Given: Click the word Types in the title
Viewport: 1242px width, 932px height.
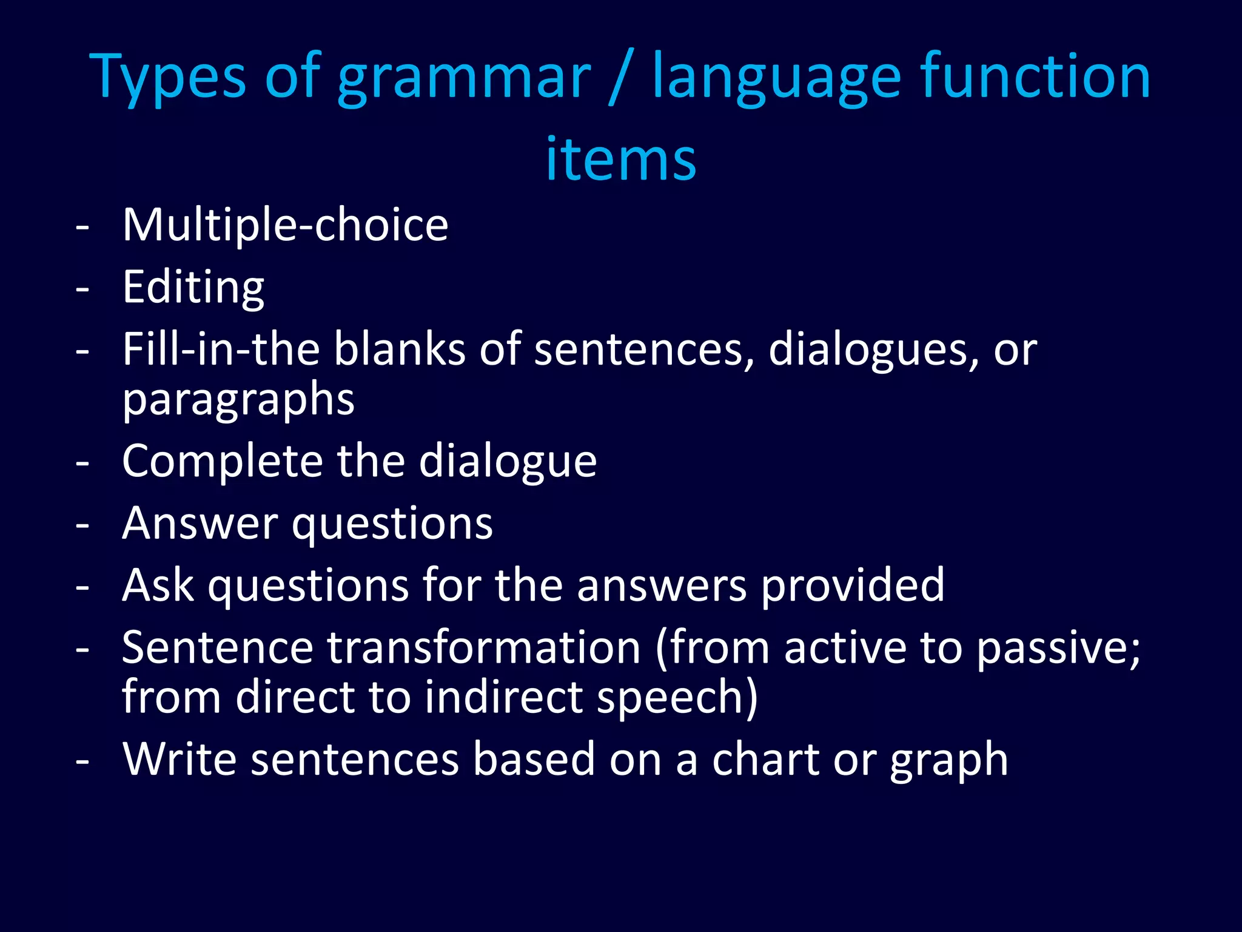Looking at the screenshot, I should [x=167, y=78].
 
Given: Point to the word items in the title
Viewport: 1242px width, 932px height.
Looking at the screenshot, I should [x=620, y=159].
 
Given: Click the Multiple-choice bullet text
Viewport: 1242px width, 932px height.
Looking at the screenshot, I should [x=285, y=225].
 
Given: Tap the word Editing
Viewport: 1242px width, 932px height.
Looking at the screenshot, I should [x=193, y=288].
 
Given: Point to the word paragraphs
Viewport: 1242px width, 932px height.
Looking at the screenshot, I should [x=238, y=400].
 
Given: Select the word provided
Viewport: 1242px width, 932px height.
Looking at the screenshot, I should [x=852, y=586].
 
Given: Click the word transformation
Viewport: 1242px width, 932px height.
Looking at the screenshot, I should [x=484, y=647].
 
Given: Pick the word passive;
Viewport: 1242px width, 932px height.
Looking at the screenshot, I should [x=1058, y=649].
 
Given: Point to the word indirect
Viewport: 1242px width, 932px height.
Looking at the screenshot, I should [x=503, y=697].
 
